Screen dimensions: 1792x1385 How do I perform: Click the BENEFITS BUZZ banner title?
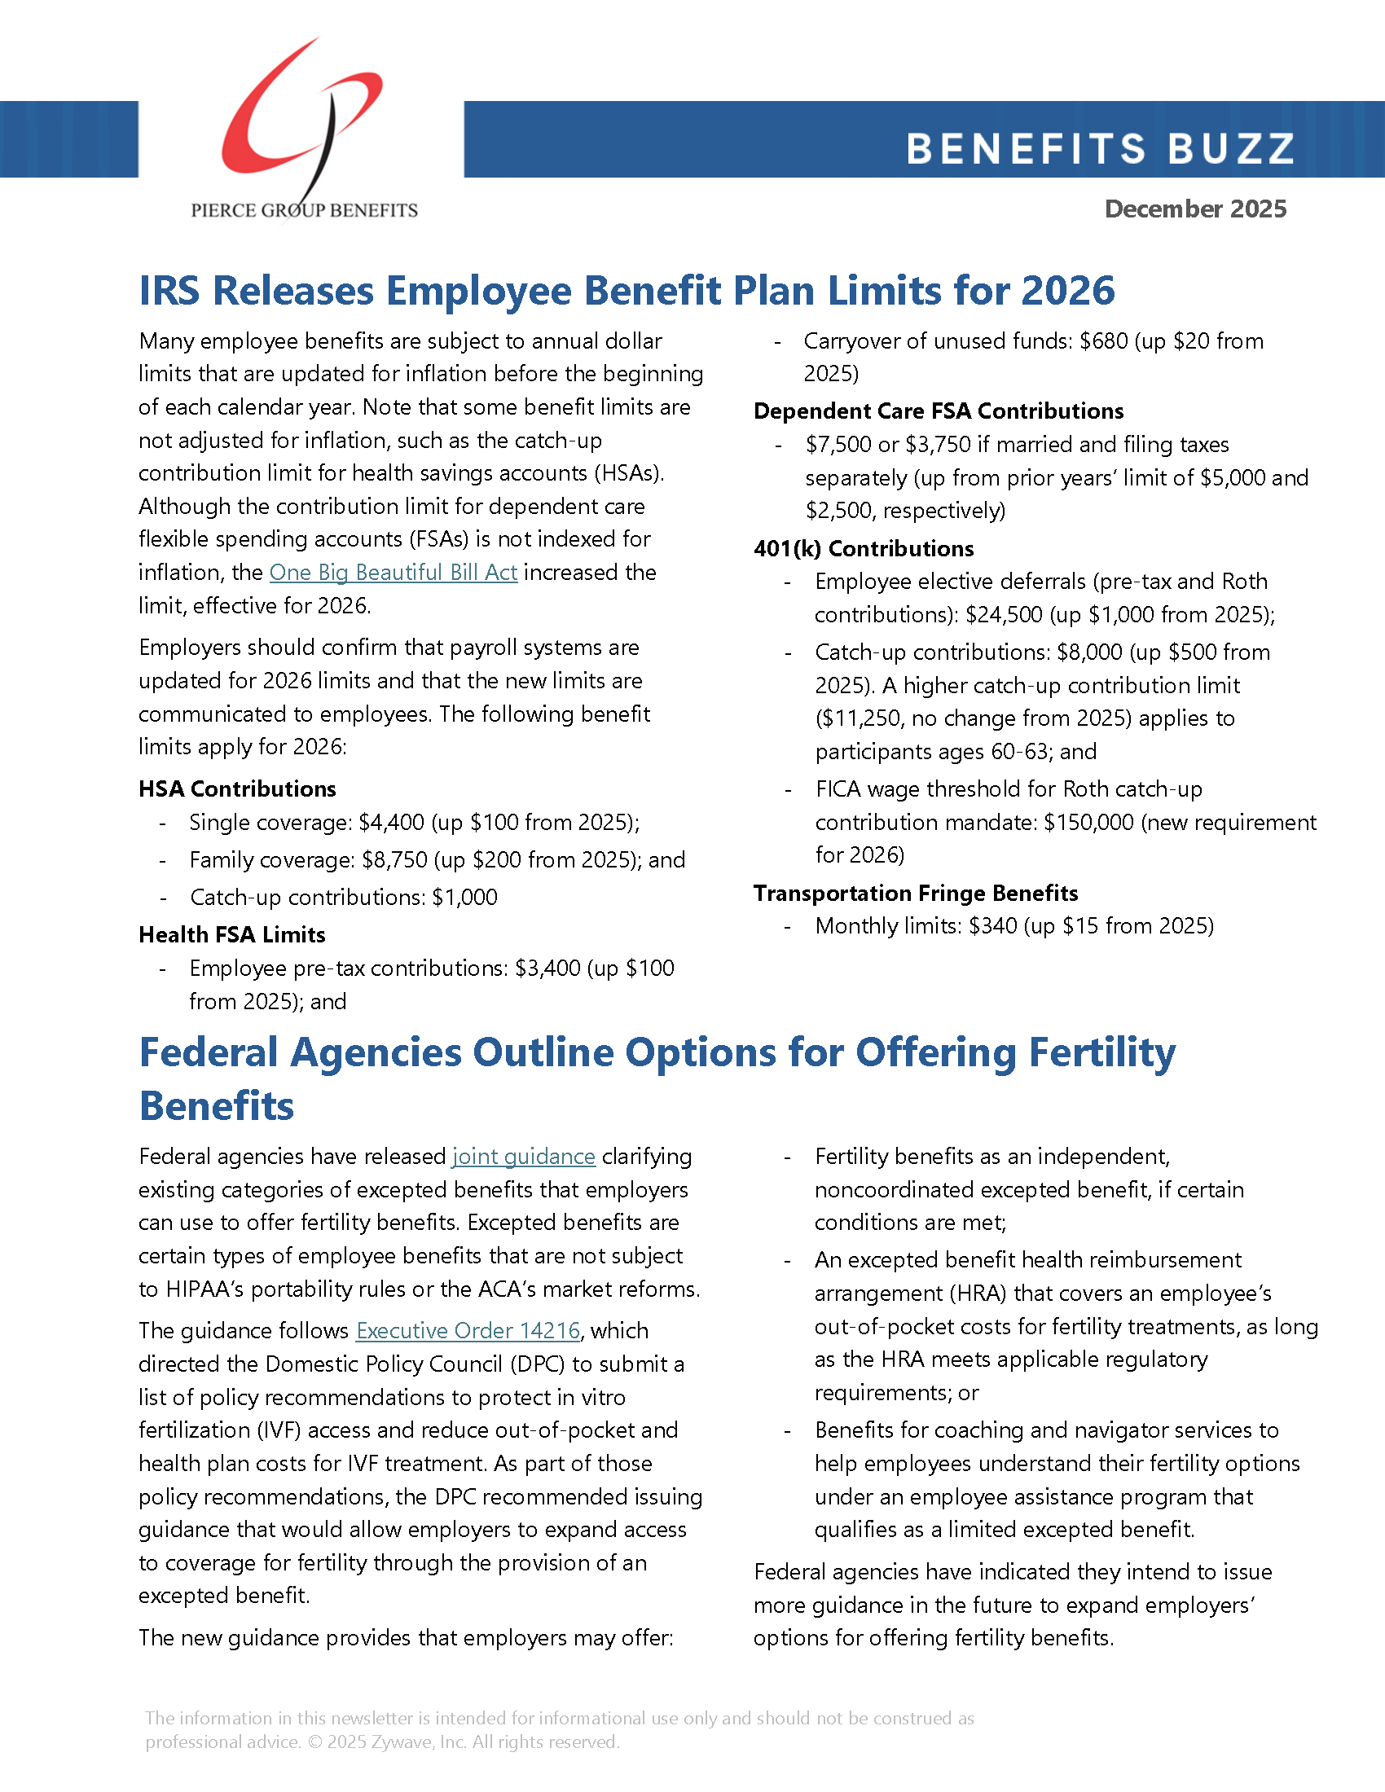tap(1100, 148)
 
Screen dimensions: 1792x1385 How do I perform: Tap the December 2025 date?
tap(1195, 209)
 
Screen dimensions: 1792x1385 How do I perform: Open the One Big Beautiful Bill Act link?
tap(393, 573)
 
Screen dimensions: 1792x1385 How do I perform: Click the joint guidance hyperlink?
tap(524, 1157)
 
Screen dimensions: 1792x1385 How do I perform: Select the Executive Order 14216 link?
tap(468, 1330)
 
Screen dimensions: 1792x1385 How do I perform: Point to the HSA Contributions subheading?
tap(237, 789)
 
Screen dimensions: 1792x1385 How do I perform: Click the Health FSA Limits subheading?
tap(231, 934)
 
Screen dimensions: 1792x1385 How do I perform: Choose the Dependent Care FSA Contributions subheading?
tap(938, 411)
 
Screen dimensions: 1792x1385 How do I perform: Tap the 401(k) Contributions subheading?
tap(863, 549)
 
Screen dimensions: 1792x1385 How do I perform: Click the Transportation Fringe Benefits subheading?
tap(915, 893)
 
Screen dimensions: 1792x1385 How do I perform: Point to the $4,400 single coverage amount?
tap(391, 823)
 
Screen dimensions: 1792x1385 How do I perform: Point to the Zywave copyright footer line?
tap(381, 1742)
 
